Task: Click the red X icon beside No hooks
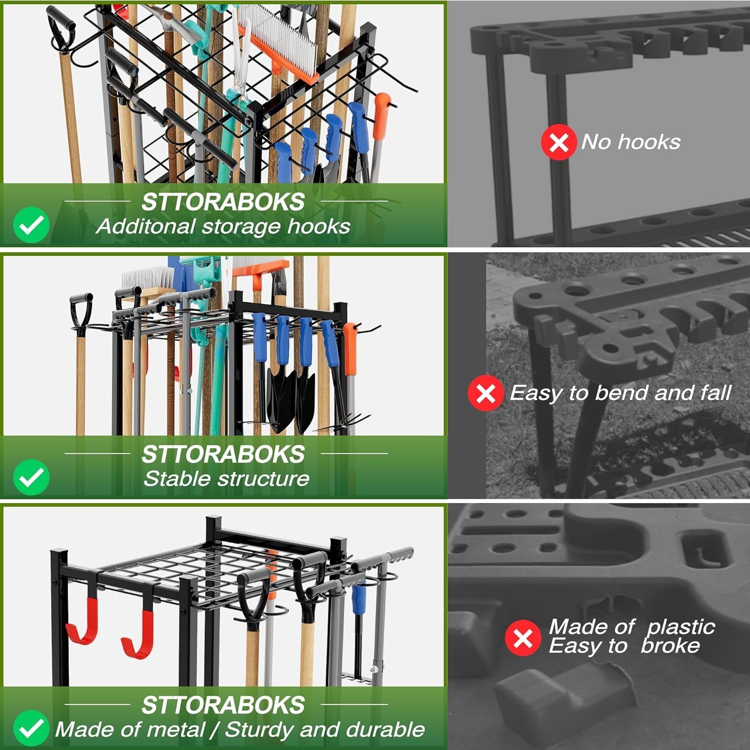pos(558,142)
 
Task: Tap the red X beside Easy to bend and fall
pos(485,393)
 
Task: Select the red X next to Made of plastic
pos(522,637)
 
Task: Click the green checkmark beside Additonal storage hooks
pos(31,225)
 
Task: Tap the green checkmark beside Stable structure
pos(31,477)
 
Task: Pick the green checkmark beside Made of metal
pos(31,728)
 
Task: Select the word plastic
pos(681,627)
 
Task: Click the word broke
pos(670,646)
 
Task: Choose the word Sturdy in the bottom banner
pos(258,729)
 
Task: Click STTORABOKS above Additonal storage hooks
pos(222,202)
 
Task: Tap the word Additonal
pos(145,226)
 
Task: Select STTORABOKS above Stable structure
pos(222,454)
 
